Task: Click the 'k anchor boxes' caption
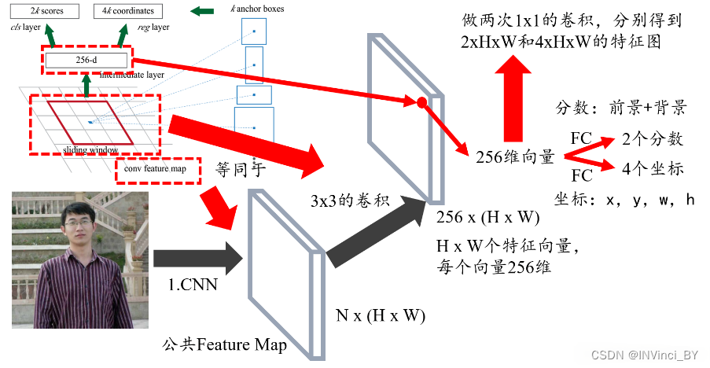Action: coord(257,9)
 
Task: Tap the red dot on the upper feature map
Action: coord(421,102)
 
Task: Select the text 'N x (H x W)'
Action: coord(381,316)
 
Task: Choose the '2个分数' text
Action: coord(653,139)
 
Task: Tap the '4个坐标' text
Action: coord(653,168)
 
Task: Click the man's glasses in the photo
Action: coord(80,224)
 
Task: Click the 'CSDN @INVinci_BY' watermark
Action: coord(644,355)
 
